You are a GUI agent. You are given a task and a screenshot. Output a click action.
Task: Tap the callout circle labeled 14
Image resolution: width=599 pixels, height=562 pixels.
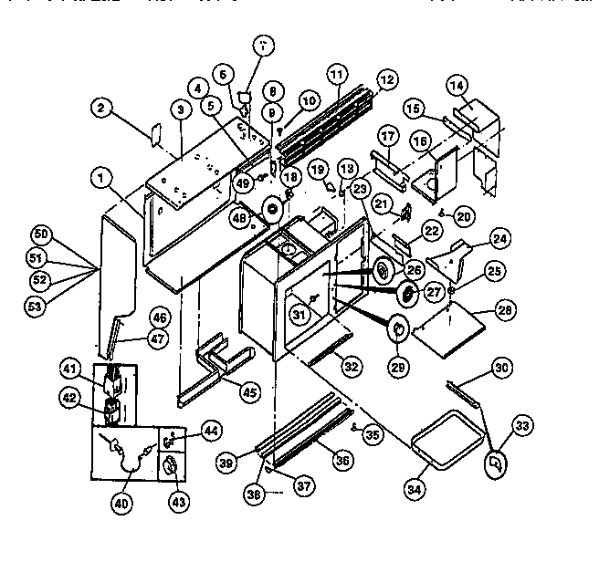tap(457, 86)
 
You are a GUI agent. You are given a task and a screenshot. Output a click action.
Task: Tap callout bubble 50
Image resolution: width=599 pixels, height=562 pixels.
tap(40, 234)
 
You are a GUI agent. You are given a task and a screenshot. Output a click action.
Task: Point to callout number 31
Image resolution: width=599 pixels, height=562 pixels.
tap(296, 317)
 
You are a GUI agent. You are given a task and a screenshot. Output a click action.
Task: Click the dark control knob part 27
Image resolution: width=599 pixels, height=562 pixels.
tap(408, 293)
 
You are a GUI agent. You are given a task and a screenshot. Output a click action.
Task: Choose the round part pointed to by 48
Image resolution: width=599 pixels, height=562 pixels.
tap(270, 210)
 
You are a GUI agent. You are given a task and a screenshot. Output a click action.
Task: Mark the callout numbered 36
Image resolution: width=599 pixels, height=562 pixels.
tap(342, 463)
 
